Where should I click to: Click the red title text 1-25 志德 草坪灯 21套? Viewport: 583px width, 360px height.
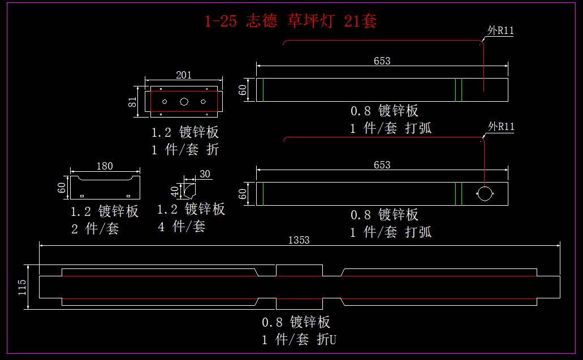291,21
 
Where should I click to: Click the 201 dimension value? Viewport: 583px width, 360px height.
184,75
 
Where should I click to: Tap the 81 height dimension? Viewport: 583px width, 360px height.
132,102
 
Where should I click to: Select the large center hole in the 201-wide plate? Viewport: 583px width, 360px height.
184,102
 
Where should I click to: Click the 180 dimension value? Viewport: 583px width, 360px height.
105,166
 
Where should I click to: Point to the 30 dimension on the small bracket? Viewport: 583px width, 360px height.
205,174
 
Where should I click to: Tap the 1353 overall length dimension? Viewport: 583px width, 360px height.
299,240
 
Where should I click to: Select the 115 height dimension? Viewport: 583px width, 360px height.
22,287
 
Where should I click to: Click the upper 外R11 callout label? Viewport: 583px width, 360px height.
500,31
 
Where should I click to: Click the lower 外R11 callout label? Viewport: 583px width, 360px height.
501,126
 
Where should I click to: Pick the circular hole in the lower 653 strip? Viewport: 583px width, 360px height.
485,193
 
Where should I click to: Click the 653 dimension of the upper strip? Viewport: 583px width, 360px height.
382,60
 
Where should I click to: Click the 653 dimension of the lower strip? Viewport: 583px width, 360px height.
382,164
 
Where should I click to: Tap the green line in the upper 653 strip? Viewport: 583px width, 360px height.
461,90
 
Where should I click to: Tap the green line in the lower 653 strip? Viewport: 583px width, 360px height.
461,193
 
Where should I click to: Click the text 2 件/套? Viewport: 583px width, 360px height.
95,229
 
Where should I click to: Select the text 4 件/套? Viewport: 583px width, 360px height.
182,227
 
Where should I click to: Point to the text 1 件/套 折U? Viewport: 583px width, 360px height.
300,340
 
